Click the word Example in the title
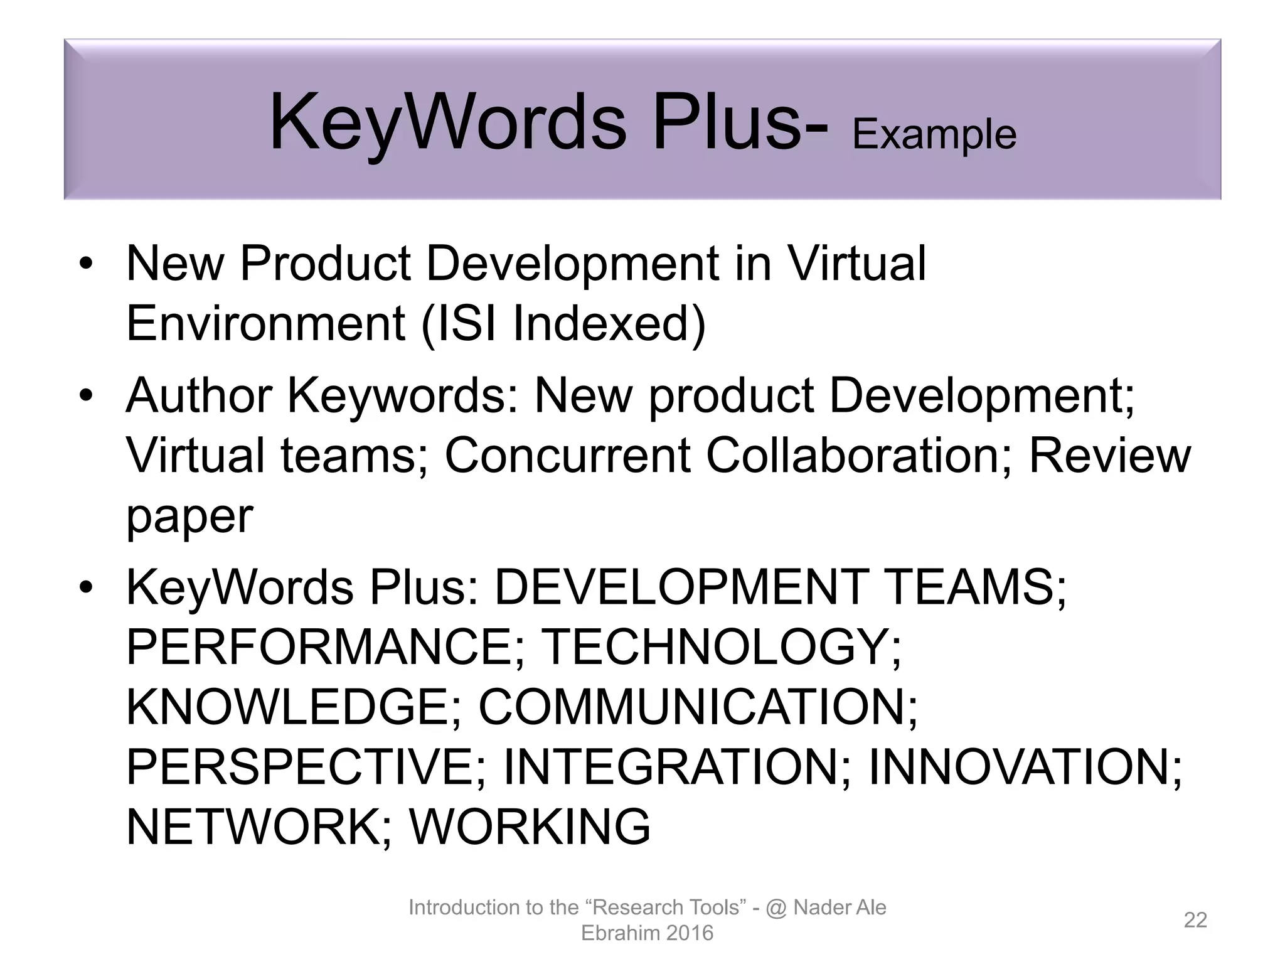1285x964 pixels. (934, 135)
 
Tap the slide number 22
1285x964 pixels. (1195, 920)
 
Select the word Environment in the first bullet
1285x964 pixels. (265, 323)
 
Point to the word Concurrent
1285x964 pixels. (567, 455)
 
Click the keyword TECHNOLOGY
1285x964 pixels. (720, 647)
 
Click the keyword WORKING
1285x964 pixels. (530, 827)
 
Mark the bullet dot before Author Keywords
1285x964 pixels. (86, 396)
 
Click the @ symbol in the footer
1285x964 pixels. (776, 908)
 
